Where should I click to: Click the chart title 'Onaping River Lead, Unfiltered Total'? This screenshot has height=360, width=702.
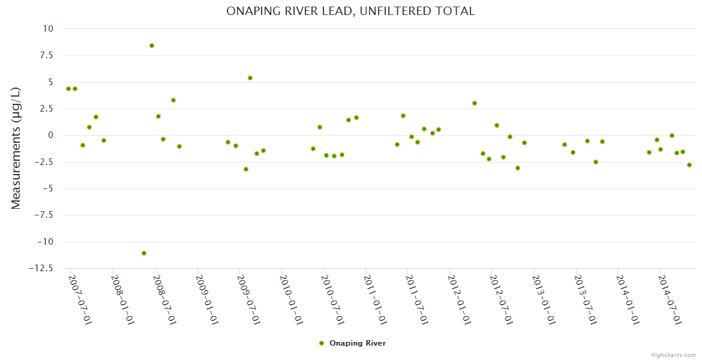350,11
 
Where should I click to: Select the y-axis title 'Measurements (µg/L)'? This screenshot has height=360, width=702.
16,148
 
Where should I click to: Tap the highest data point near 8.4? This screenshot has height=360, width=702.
152,46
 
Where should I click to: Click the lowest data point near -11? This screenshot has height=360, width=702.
144,253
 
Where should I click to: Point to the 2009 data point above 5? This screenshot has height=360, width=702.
250,78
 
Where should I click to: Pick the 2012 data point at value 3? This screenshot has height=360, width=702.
475,103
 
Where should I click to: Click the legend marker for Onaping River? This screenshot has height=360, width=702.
322,343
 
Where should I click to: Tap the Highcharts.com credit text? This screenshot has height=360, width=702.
673,355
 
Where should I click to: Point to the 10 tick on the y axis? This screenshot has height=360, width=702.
47,29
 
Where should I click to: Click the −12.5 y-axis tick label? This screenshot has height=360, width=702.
42,268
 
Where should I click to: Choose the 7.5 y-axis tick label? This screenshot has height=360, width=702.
44,55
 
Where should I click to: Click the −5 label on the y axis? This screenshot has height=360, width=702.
47,188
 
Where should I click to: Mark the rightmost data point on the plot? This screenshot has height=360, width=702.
689,165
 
